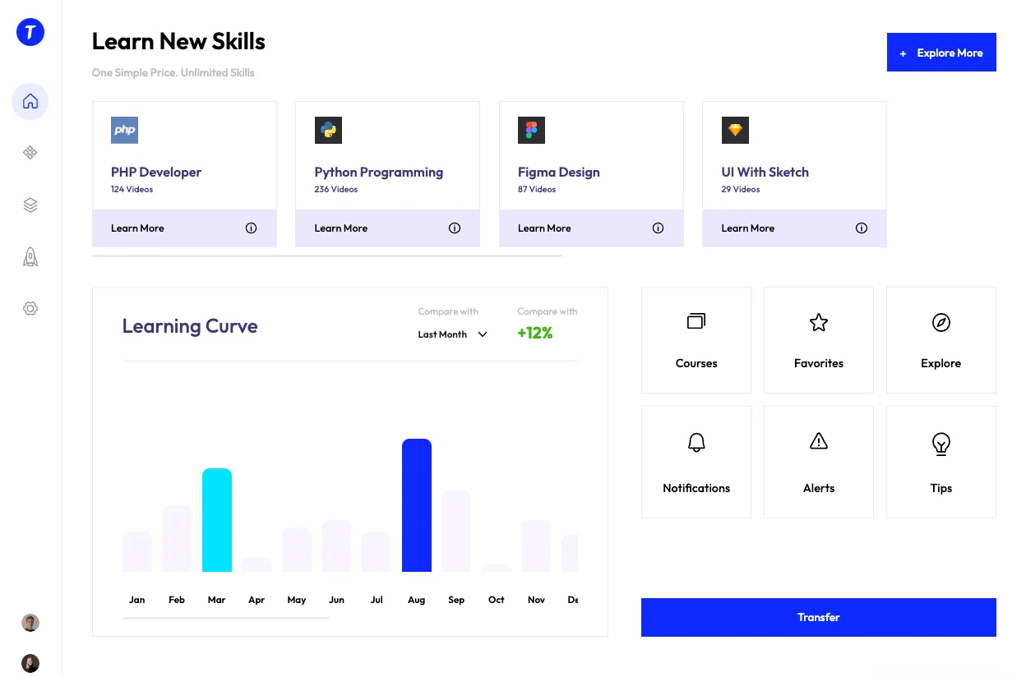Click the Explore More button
point(941,53)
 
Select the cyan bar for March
point(217,519)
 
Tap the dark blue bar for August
point(417,504)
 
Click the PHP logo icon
point(125,130)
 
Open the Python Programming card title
point(378,173)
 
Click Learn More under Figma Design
point(544,228)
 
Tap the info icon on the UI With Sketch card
point(862,228)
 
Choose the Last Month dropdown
point(452,334)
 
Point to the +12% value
point(535,333)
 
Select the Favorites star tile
point(819,339)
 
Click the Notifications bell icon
point(696,443)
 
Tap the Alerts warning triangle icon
point(819,442)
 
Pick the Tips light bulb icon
point(941,444)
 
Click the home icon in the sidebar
point(30,102)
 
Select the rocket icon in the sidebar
point(30,257)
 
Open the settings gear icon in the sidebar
point(30,309)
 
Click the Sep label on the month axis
point(456,600)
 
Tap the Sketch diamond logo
point(735,130)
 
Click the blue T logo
point(30,32)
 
